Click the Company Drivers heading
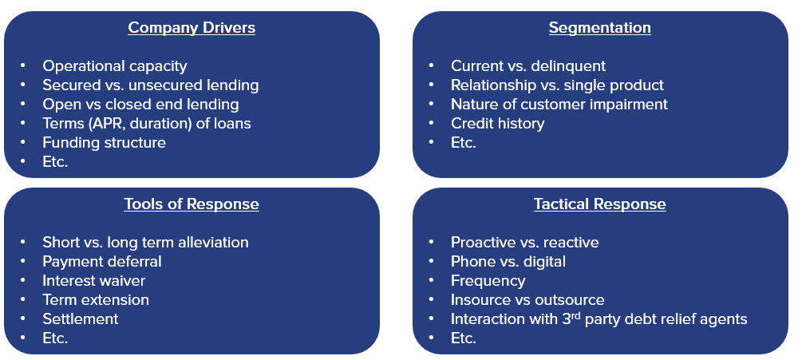[x=192, y=28]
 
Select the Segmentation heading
[x=599, y=28]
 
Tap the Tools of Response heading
[x=192, y=204]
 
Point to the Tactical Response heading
[x=599, y=204]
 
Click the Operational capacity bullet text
[x=114, y=66]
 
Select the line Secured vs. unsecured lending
[x=150, y=85]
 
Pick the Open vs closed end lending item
[x=140, y=105]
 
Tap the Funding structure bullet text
[x=104, y=143]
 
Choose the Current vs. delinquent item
[x=527, y=66]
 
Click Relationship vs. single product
[x=556, y=85]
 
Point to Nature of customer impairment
[x=559, y=105]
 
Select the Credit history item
[x=497, y=124]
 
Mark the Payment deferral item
[x=101, y=262]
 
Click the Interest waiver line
[x=93, y=281]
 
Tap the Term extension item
[x=96, y=300]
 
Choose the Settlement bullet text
[x=80, y=319]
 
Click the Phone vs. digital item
[x=508, y=262]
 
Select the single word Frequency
[x=488, y=281]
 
